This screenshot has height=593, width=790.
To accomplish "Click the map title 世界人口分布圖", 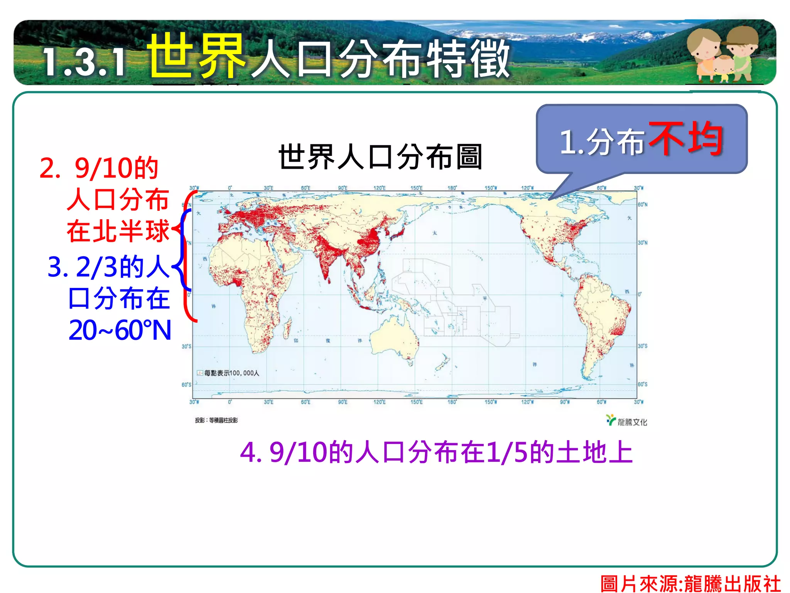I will coord(380,157).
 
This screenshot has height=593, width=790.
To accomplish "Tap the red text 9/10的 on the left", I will coord(116,169).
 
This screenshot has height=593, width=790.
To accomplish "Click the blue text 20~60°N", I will coord(120,330).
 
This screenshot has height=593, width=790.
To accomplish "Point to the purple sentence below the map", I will coord(436,452).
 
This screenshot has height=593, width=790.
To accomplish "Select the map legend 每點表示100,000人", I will coord(228,373).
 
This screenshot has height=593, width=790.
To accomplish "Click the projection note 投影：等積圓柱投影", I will coord(216,420).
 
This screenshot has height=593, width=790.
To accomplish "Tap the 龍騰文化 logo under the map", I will coord(627,421).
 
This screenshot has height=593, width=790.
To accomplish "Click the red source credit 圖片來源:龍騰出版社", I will coord(690,583).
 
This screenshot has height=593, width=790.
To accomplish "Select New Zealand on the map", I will coord(442,363).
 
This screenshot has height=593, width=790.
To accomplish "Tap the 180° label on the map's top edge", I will coord(452,188).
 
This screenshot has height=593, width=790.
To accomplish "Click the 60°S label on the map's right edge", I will coord(643,384).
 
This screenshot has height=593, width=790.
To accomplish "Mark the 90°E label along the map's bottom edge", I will coord(343,402).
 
